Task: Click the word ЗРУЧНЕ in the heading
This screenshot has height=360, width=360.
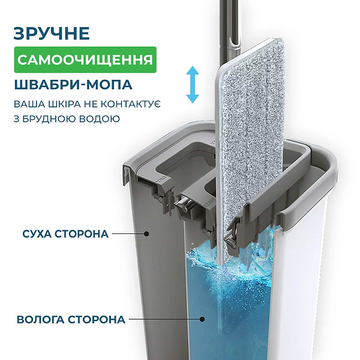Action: click(52, 34)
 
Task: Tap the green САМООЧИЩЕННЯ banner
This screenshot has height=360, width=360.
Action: click(85, 59)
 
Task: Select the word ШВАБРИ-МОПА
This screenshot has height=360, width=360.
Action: click(73, 85)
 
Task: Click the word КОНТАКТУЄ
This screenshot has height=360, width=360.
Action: click(131, 104)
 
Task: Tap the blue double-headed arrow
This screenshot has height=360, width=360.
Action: click(193, 85)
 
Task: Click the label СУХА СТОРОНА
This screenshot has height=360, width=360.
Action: click(65, 234)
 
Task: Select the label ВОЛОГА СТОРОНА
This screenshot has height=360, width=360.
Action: click(71, 320)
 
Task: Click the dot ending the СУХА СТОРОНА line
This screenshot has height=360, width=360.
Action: click(146, 234)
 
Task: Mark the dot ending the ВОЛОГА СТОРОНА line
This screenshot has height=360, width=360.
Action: click(202, 319)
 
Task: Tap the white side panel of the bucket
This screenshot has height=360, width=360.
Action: click(298, 287)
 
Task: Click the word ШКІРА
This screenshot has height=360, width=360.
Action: click(62, 104)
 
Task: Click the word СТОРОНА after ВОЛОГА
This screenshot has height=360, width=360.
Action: click(97, 320)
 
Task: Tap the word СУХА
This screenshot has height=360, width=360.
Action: click(37, 234)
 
